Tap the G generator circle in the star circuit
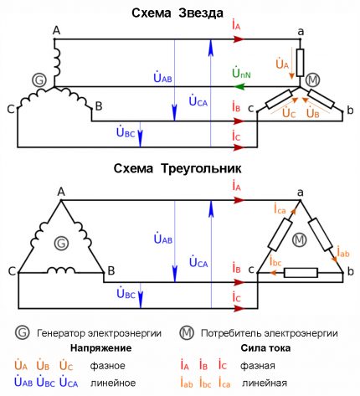pos(38,80)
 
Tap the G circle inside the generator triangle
pos(59,244)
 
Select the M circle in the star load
pos(313,80)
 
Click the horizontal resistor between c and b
pos(301,272)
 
